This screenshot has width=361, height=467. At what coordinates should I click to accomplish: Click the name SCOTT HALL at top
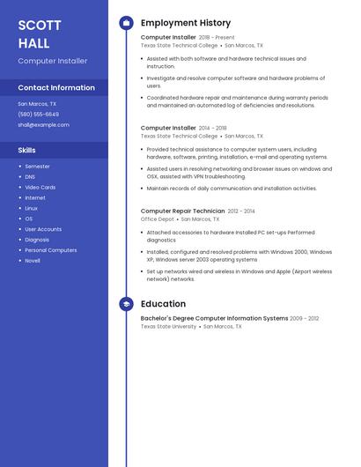(40, 34)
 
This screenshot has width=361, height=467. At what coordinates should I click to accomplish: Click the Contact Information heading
(56, 88)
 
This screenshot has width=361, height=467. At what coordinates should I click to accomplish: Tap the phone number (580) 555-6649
(39, 115)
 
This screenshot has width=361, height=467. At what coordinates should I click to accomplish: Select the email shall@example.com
(43, 125)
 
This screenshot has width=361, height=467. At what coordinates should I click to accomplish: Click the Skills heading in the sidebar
(26, 150)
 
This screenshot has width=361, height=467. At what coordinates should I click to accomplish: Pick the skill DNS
(30, 177)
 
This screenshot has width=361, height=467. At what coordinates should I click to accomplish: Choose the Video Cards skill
(40, 188)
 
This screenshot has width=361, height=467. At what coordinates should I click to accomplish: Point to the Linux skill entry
(31, 208)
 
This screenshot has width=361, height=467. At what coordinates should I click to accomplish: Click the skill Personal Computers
(50, 250)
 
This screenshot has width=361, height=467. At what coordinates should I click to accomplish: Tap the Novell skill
(33, 261)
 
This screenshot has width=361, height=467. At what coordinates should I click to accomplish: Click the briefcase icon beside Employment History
(126, 23)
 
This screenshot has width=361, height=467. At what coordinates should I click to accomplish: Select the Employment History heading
(186, 23)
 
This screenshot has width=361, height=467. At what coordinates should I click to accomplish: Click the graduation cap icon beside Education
(126, 304)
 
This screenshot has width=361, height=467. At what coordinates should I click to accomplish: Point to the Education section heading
(163, 304)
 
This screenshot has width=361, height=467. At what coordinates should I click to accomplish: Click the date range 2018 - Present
(217, 38)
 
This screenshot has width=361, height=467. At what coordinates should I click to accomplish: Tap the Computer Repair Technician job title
(182, 211)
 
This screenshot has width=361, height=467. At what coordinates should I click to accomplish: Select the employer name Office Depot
(158, 219)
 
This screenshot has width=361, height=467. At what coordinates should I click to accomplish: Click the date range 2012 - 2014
(241, 211)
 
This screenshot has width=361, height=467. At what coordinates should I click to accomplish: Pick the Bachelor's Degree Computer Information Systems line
(214, 318)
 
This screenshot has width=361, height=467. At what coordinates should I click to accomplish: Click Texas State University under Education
(168, 326)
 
